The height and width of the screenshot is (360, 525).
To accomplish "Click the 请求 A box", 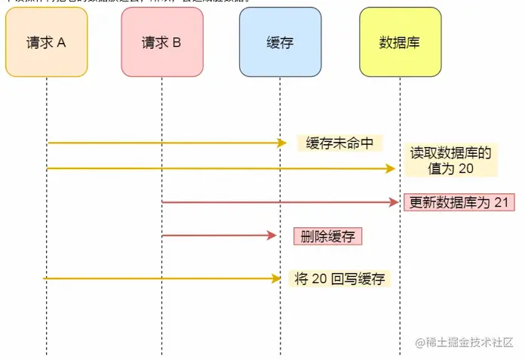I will pos(46,42).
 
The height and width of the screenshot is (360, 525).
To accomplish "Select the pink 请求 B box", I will pos(161,42).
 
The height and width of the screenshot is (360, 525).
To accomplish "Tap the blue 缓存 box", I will pos(280,42).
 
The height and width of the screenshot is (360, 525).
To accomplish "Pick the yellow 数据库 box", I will pos(400,42).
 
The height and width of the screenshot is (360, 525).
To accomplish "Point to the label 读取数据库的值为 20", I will pos(450,161).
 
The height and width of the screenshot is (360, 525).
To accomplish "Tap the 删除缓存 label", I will pos(327,236).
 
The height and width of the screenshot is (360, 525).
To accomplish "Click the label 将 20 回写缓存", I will pos(340,278).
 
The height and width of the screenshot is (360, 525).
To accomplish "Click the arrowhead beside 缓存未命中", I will pos(281,143).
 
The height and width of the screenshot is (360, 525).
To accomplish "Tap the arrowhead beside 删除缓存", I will pos(273,236).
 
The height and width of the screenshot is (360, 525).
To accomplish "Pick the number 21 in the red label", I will pos(502,202).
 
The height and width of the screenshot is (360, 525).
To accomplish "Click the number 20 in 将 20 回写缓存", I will pos(319,278).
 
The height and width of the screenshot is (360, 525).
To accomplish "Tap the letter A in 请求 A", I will pos(61,42).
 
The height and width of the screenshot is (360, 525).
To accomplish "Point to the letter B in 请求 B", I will pos(177,42).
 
